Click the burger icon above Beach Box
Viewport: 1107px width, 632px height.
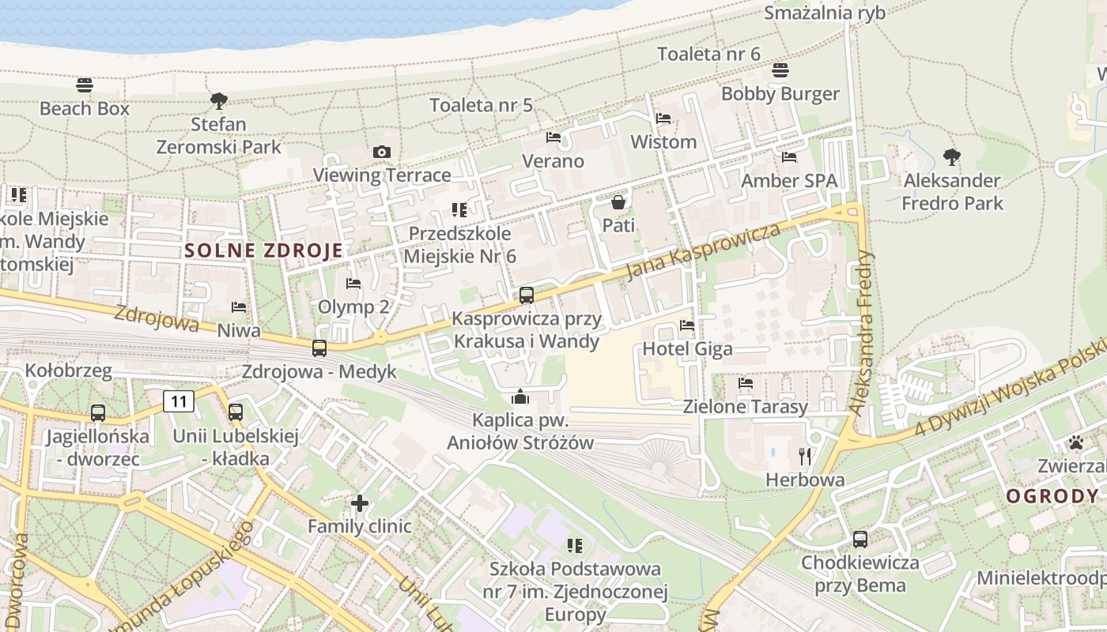pyautogui.click(x=85, y=85)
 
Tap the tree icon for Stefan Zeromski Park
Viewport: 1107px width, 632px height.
pyautogui.click(x=219, y=100)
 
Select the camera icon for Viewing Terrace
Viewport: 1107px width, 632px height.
pyautogui.click(x=381, y=152)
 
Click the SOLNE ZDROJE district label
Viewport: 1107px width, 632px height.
pyautogui.click(x=264, y=251)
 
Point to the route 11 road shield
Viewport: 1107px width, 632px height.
pyautogui.click(x=179, y=401)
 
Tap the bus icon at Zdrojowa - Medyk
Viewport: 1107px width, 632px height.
pyautogui.click(x=319, y=348)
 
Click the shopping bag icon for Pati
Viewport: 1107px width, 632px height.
pyautogui.click(x=618, y=203)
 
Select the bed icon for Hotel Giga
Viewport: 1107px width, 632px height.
pyautogui.click(x=687, y=325)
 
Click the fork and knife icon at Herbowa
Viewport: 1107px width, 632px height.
pyautogui.click(x=805, y=456)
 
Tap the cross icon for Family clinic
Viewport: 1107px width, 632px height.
pyautogui.click(x=360, y=502)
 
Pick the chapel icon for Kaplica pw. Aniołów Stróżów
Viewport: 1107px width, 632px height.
pyautogui.click(x=520, y=397)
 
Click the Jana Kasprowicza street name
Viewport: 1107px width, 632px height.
pyautogui.click(x=703, y=250)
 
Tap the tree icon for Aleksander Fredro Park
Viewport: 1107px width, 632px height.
pyautogui.click(x=952, y=157)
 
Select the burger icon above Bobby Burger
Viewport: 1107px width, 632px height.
pyautogui.click(x=780, y=70)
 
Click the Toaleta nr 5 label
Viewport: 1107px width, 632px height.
pyautogui.click(x=481, y=105)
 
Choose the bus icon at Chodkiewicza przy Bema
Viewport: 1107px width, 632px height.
pyautogui.click(x=860, y=540)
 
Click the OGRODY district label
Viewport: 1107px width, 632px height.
pyautogui.click(x=1052, y=496)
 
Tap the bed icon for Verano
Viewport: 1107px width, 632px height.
pyautogui.click(x=553, y=137)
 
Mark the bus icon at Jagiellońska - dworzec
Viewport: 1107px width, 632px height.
pyautogui.click(x=98, y=412)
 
